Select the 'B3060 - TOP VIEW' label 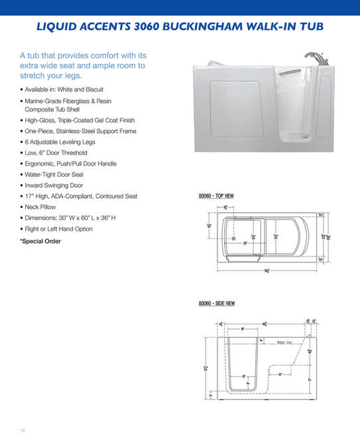coord(215,196)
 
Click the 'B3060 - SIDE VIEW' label coord(216,303)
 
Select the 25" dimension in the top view coord(245,243)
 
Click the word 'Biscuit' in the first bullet coord(92,89)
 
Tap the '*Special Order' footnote coord(40,241)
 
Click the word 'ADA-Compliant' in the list coord(76,196)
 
